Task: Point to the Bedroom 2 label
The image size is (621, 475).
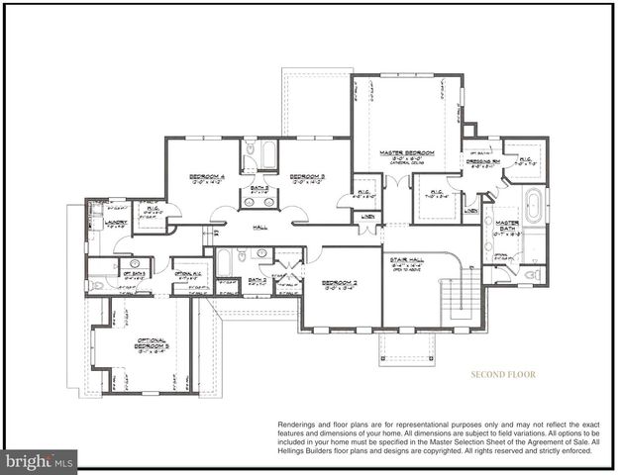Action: (x=339, y=283)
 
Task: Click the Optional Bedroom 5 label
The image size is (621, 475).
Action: (x=152, y=343)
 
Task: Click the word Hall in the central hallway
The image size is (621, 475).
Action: (x=260, y=228)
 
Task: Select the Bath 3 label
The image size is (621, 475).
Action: (x=259, y=187)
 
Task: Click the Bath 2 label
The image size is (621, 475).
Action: (x=257, y=280)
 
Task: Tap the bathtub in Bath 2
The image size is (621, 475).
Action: (x=226, y=262)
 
